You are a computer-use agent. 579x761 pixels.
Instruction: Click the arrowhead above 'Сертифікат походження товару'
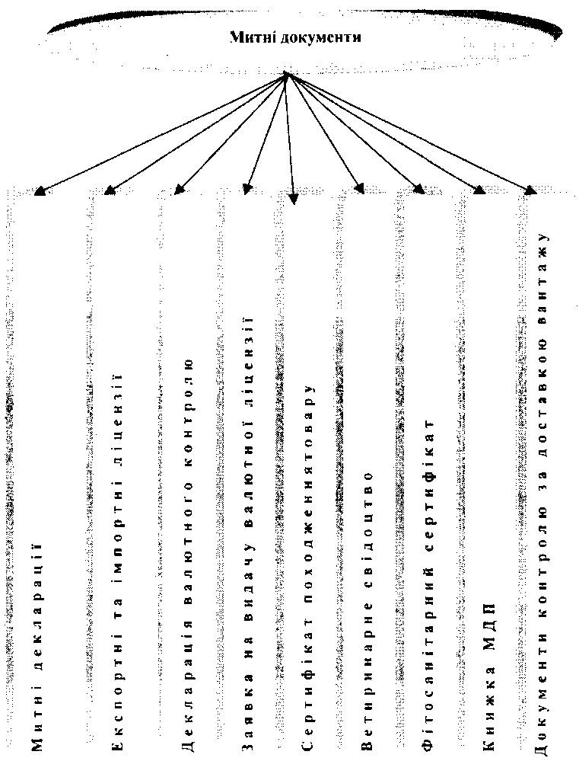pos(294,200)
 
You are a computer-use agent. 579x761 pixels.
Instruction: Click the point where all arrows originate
pos(286,74)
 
